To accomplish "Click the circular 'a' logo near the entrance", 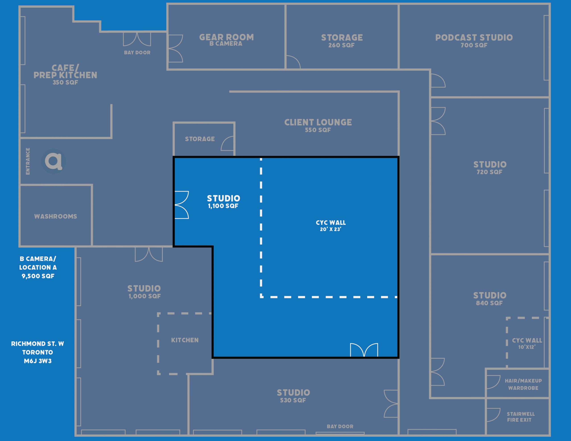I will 54,161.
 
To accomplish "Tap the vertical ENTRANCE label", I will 28,161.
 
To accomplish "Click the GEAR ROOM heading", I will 226,37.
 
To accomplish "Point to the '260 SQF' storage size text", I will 341,45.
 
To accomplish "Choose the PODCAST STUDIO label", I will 474,38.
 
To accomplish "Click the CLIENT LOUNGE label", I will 318,122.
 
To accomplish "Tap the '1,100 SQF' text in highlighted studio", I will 223,206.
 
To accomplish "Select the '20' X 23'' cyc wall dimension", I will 331,229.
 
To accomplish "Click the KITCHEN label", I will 185,340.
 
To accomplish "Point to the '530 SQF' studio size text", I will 293,400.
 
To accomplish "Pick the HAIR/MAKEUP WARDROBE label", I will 523,384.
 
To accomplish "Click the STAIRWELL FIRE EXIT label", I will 520,417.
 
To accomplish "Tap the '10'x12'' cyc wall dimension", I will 527,347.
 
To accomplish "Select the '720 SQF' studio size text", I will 489,172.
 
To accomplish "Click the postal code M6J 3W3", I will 38,361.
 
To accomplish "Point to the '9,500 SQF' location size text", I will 38,276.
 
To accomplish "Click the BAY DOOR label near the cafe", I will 137,53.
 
